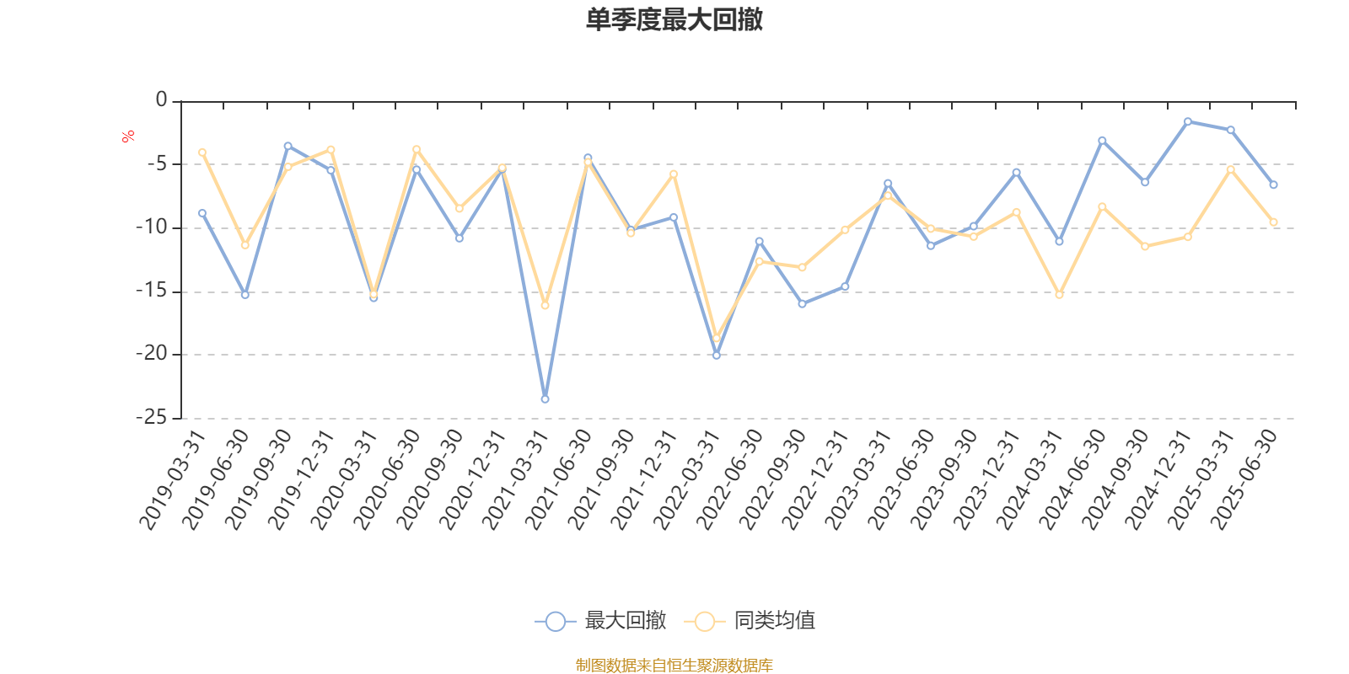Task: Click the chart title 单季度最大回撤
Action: click(674, 20)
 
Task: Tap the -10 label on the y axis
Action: click(152, 227)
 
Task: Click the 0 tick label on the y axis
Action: click(161, 100)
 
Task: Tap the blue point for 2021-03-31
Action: click(545, 399)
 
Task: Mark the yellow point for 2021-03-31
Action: click(545, 305)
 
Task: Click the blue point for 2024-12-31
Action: click(1188, 121)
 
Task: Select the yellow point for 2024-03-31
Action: click(1059, 295)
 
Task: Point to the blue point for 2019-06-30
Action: click(245, 295)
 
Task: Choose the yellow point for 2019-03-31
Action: click(202, 152)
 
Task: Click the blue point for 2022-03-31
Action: click(717, 356)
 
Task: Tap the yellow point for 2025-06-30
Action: click(1274, 222)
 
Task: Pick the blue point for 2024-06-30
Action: click(1102, 140)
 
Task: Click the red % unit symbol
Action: click(128, 136)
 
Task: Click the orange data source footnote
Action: click(674, 666)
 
